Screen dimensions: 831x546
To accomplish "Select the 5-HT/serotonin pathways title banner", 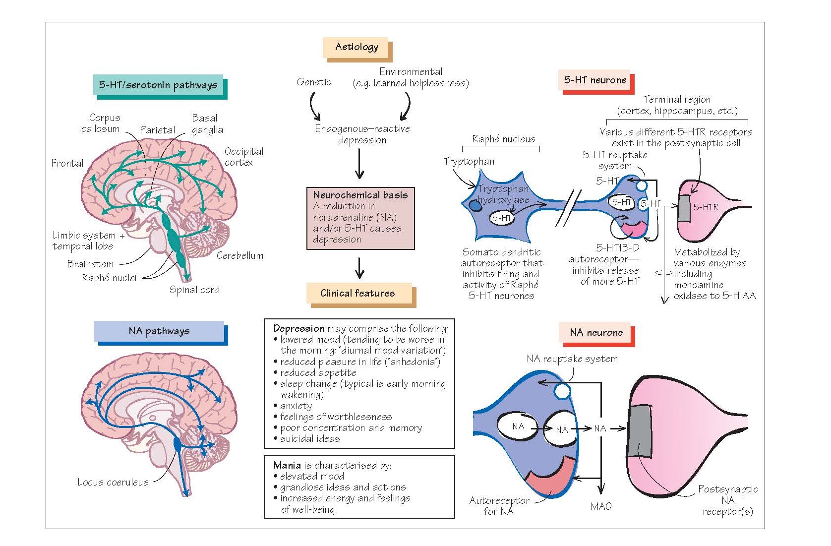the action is point(160,87).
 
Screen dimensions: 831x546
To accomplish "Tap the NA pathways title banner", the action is point(160,333).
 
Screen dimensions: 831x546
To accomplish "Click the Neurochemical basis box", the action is point(360,218).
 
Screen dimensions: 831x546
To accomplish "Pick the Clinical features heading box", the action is point(361,295).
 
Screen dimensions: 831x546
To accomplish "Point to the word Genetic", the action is point(313,82).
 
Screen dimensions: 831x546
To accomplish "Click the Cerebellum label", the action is point(239,255).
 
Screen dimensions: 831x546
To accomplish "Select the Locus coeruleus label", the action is point(113,482).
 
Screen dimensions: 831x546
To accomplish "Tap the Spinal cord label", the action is point(194,290).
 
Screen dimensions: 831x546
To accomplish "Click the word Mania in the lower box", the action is point(287,465).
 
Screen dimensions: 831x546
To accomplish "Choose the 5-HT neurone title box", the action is point(596,82).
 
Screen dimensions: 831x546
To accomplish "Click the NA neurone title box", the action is point(597,334).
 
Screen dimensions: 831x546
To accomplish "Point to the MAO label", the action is point(601,506).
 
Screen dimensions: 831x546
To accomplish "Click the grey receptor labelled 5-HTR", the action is point(684,208).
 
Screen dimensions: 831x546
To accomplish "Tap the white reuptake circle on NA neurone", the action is point(562,391).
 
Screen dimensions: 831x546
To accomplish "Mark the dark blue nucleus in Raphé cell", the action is point(475,205).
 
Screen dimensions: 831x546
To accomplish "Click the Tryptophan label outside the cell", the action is point(469,161).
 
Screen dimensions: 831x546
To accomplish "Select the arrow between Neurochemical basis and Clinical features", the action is point(359,268).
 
